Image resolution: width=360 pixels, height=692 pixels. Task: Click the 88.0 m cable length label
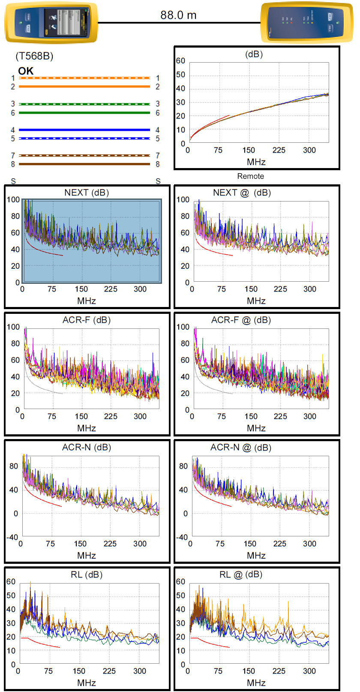(x=178, y=15)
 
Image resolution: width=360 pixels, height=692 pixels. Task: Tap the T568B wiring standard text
(x=34, y=56)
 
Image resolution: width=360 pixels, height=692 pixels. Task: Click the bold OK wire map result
(x=26, y=71)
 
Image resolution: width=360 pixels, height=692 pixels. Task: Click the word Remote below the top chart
(x=251, y=176)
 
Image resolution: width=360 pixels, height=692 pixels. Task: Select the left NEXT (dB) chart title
(x=87, y=193)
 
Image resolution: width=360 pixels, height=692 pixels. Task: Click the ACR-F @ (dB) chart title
(x=241, y=320)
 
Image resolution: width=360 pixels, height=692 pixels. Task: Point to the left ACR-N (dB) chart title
(x=87, y=447)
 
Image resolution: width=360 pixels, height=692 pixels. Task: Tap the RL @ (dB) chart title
(x=240, y=575)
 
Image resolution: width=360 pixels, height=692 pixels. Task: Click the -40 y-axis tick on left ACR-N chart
(x=12, y=537)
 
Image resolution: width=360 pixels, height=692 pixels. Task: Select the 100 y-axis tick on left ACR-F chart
(x=13, y=327)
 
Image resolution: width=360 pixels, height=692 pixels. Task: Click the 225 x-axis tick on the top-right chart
(x=279, y=150)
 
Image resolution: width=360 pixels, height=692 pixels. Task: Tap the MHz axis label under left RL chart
(x=87, y=683)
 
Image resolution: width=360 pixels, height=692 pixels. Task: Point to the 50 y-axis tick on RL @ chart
(x=181, y=596)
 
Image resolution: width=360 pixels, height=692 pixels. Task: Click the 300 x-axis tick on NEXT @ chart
(x=310, y=289)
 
